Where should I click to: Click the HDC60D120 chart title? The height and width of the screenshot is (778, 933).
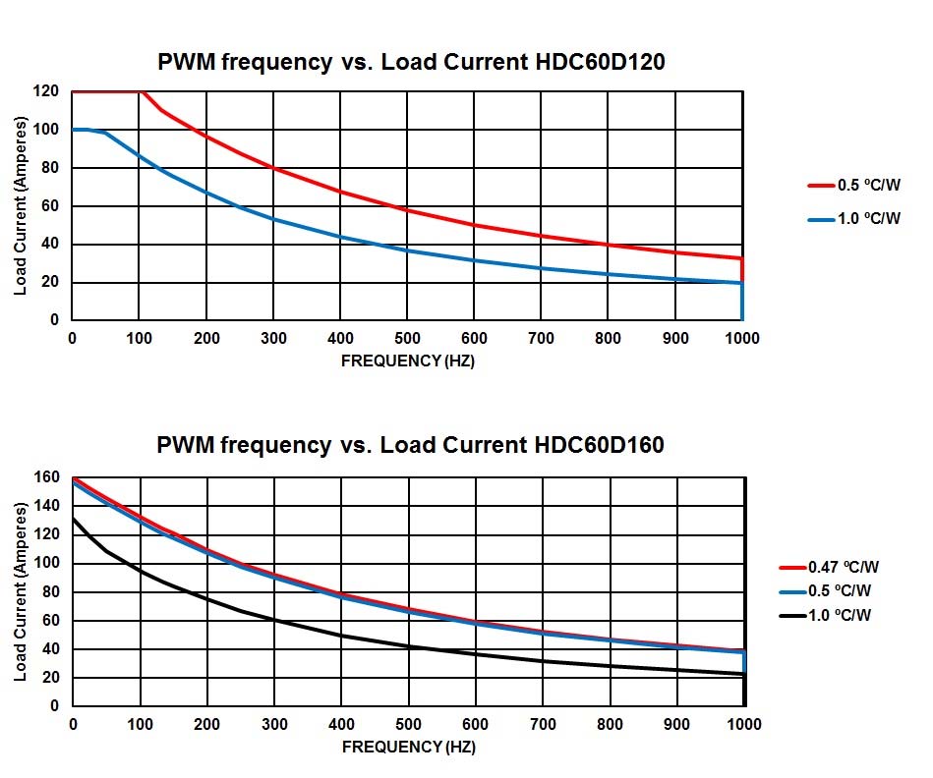[411, 62]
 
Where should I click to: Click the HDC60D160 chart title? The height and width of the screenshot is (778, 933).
[410, 445]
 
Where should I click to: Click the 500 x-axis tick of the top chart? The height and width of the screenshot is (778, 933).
[407, 339]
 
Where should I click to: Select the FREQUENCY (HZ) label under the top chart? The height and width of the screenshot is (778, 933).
[407, 361]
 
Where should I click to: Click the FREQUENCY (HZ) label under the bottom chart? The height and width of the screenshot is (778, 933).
[407, 747]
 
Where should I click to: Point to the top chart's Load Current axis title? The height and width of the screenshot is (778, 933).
[21, 205]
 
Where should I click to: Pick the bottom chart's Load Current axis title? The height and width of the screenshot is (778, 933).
[21, 591]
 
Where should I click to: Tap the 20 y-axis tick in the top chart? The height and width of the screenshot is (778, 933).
[51, 282]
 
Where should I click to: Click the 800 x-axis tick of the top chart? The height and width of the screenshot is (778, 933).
[609, 339]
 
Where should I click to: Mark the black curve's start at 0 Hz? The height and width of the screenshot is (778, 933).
[73, 518]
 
